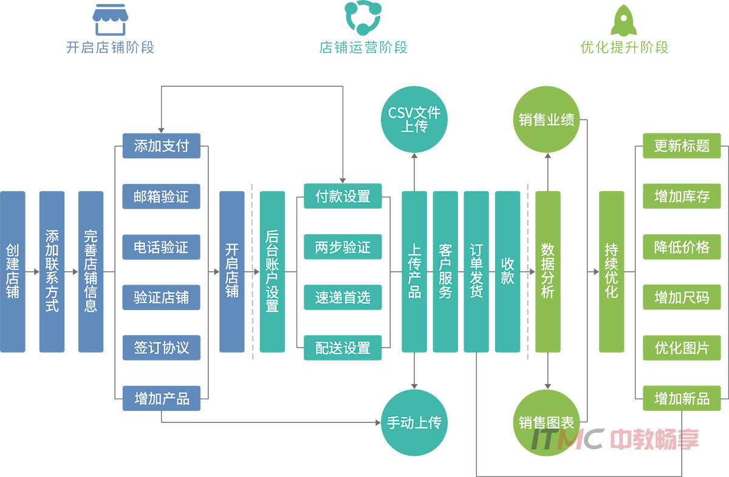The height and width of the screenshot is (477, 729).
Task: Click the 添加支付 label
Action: (x=162, y=146)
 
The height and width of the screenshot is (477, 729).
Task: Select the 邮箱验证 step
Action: (x=162, y=197)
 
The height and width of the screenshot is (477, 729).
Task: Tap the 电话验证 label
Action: (x=162, y=248)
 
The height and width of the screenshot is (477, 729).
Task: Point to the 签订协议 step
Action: (x=162, y=348)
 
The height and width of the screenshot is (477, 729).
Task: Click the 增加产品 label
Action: (x=162, y=399)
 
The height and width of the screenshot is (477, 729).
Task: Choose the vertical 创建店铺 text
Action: (x=13, y=271)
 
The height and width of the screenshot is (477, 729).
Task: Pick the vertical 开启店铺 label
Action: (x=231, y=271)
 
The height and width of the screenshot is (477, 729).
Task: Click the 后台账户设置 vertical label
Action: (x=272, y=271)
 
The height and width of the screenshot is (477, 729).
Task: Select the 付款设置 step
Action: (x=343, y=197)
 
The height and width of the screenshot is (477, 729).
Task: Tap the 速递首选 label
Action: (x=343, y=298)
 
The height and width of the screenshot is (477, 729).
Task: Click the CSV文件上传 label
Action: (x=414, y=120)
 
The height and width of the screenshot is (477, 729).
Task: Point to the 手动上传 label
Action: (x=414, y=423)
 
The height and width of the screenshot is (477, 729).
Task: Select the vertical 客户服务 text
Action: (x=445, y=271)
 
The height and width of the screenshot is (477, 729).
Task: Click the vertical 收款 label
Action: (x=508, y=271)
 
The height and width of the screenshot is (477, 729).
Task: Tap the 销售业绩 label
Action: (x=547, y=120)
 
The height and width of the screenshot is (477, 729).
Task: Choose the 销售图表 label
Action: (x=547, y=423)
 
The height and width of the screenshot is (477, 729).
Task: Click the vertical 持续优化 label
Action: (x=611, y=271)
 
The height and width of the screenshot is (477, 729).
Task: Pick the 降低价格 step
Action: (x=682, y=248)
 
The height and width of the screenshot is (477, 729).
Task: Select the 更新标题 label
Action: (x=682, y=146)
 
